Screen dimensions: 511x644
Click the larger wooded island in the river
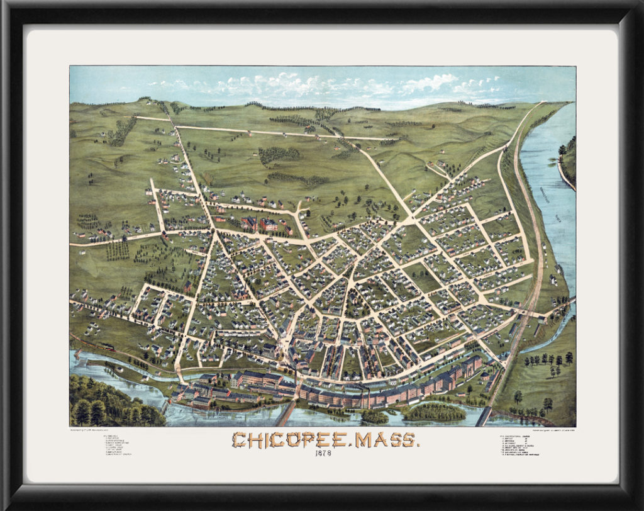[434, 413]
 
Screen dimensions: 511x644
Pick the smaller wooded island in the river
[375, 417]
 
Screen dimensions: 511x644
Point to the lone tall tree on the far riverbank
[562, 151]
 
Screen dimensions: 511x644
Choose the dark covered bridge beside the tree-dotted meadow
[485, 416]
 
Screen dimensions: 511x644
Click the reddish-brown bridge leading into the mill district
[286, 413]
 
